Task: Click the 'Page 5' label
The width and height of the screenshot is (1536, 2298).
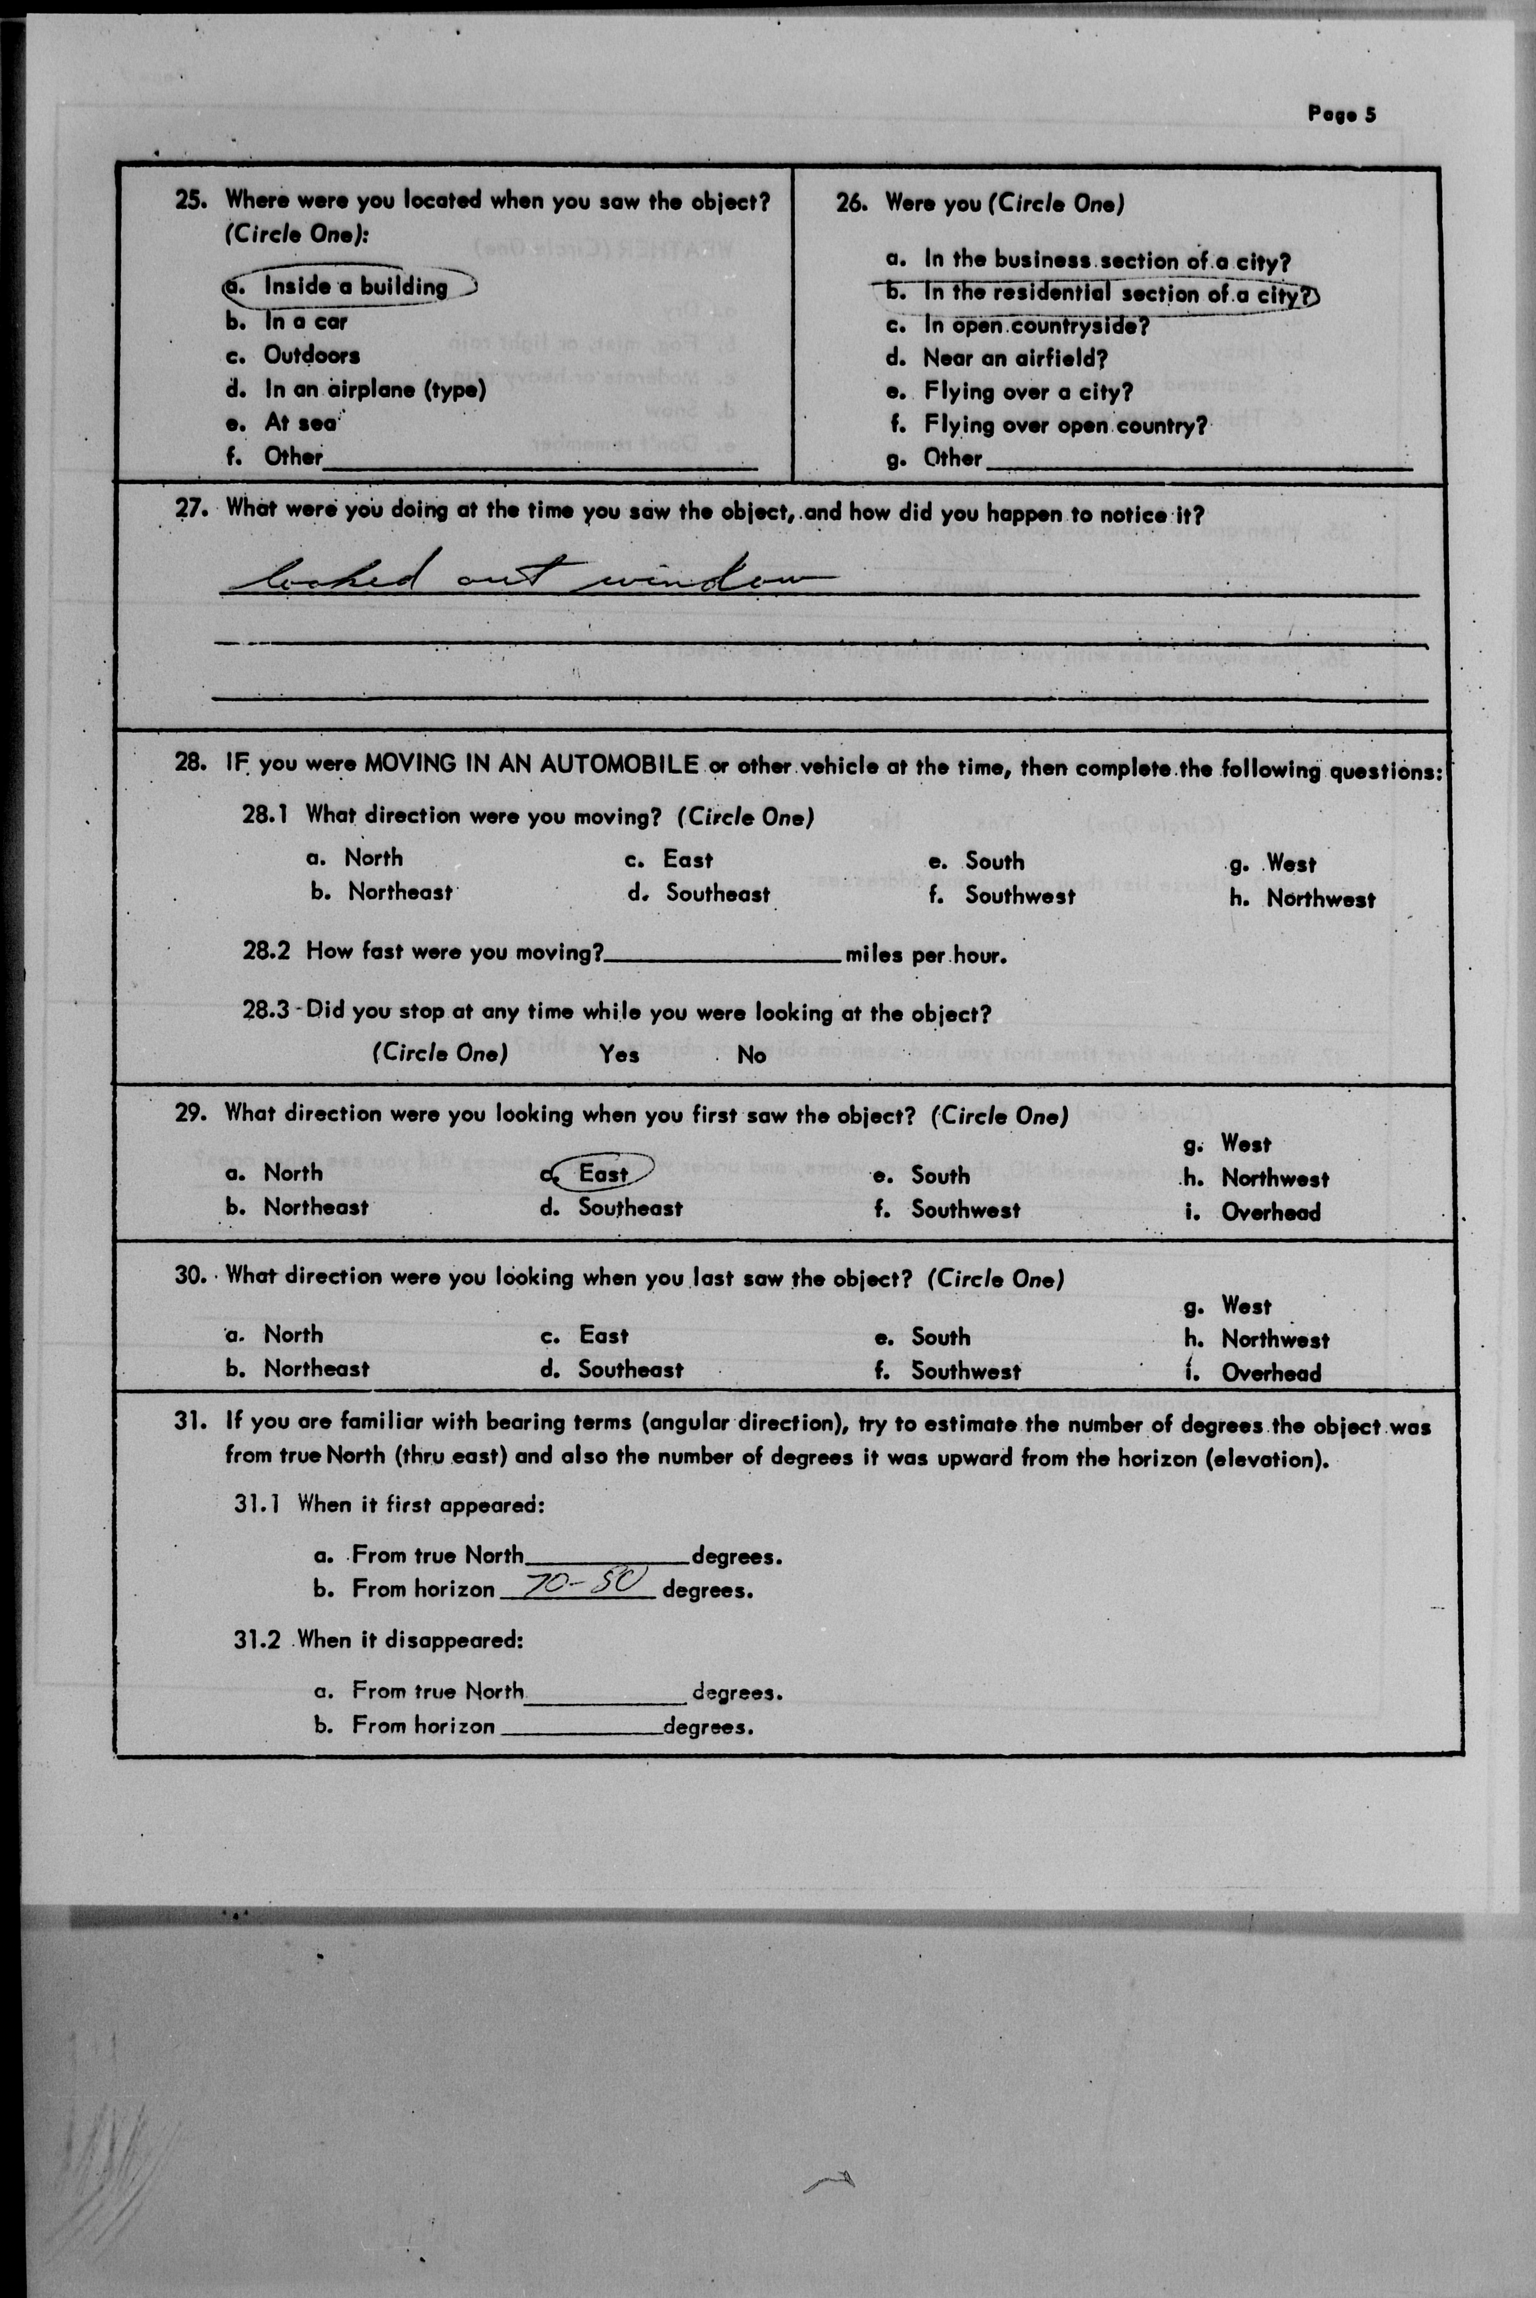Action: (x=1341, y=114)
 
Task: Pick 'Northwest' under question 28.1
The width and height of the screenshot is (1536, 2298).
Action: (x=1320, y=899)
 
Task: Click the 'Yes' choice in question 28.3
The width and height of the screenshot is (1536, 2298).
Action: (x=619, y=1054)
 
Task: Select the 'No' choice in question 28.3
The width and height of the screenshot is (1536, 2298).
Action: (x=752, y=1055)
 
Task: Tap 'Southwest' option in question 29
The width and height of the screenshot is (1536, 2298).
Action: (x=965, y=1210)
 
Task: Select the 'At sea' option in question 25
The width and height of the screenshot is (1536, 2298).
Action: (x=300, y=422)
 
